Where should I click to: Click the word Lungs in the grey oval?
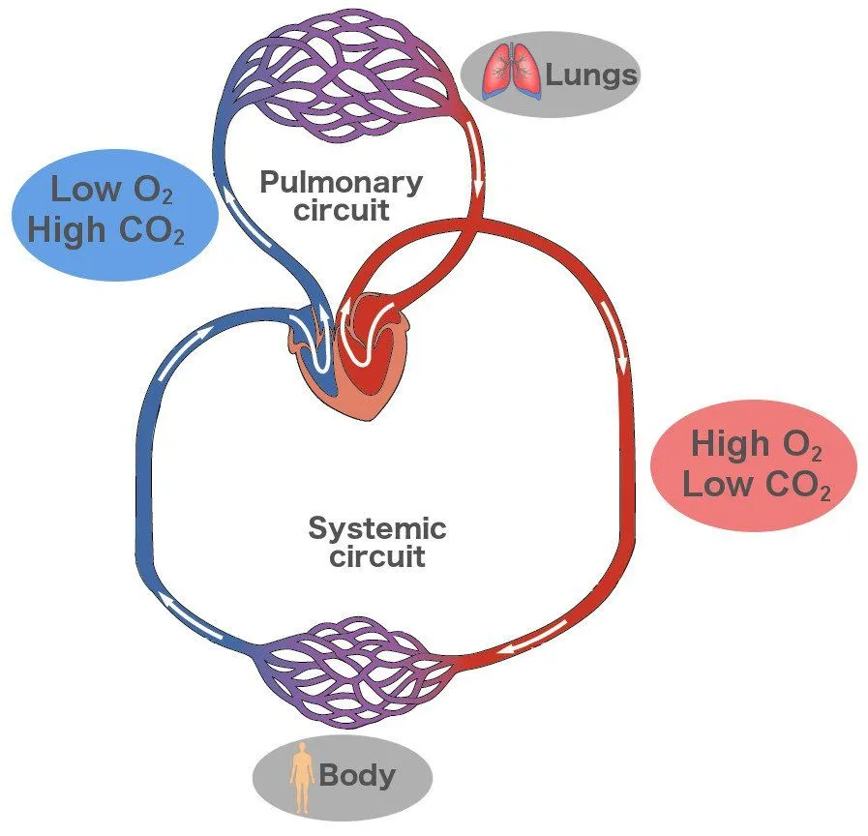tap(590, 75)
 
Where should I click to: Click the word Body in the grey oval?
tap(356, 775)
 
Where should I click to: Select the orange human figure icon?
tap(303, 775)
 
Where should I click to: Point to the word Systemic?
tap(377, 529)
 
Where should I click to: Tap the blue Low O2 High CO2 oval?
tap(112, 211)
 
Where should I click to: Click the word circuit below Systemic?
tap(377, 557)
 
